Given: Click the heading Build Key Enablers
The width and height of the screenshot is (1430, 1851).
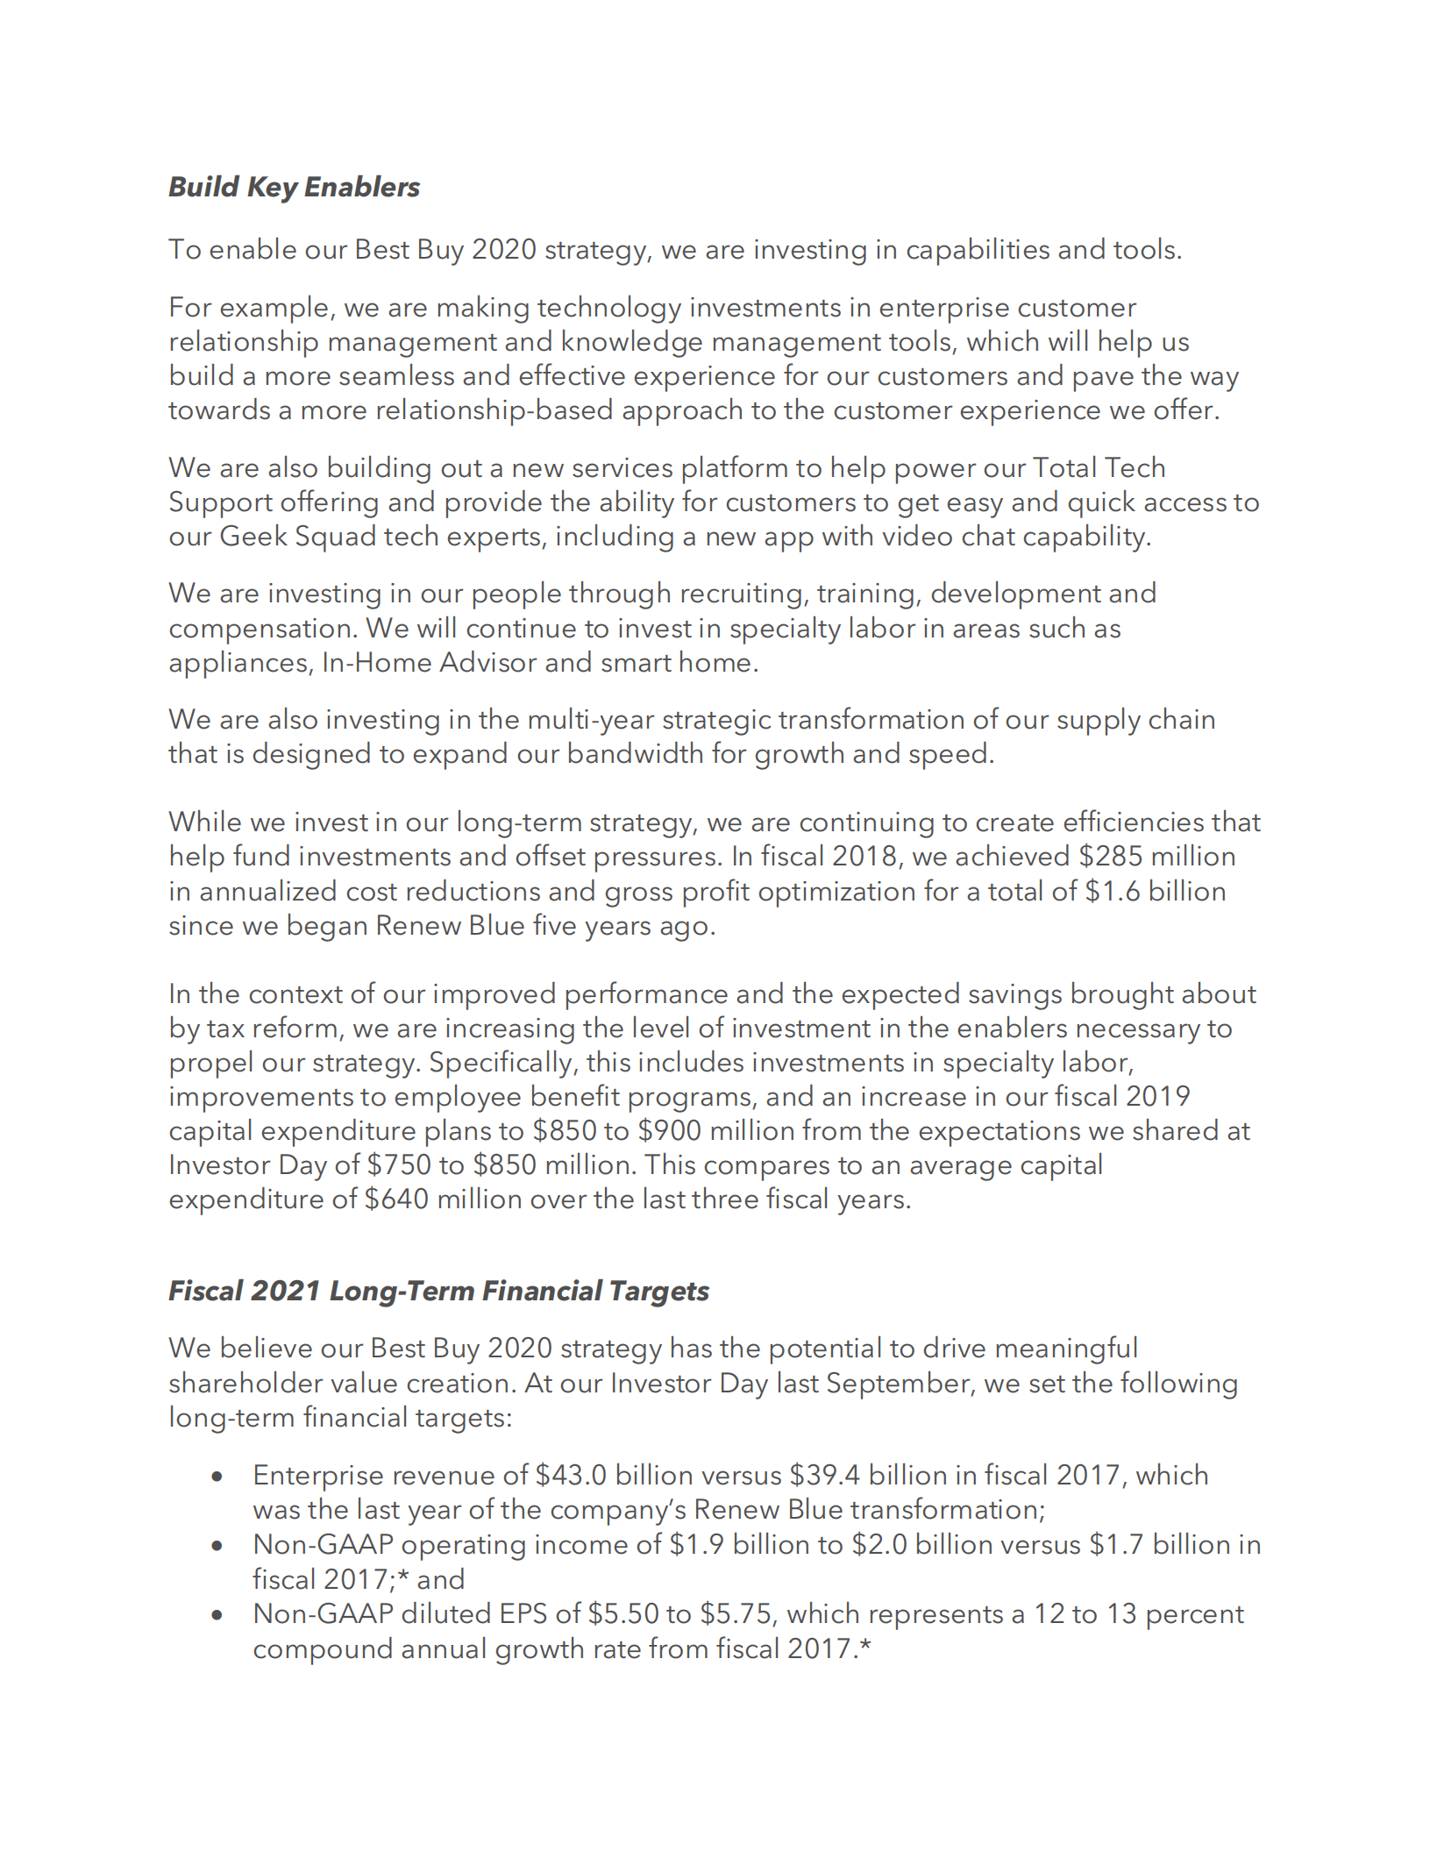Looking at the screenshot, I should tap(294, 187).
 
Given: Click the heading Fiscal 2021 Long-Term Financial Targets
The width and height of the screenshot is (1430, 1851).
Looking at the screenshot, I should tap(438, 1291).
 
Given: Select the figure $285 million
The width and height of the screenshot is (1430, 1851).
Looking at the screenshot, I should tap(1156, 857).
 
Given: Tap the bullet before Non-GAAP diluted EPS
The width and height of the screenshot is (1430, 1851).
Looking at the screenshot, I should tap(217, 1615).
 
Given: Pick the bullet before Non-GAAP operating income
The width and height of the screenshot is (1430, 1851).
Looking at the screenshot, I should tap(217, 1546).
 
